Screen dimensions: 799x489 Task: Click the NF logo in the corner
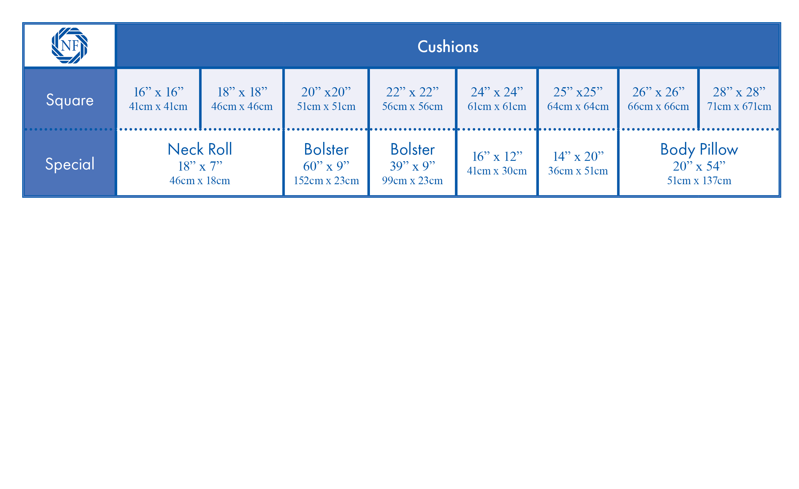[x=70, y=45]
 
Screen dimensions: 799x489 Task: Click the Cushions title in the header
[x=448, y=47]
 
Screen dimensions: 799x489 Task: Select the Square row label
[x=70, y=100]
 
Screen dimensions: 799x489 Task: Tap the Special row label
[x=70, y=164]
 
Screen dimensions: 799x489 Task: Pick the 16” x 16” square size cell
[x=158, y=98]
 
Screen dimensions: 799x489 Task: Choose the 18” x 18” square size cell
[x=242, y=98]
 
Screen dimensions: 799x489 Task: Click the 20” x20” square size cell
[x=326, y=98]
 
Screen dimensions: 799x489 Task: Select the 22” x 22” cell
[x=412, y=98]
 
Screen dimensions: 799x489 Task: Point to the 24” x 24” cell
[x=497, y=98]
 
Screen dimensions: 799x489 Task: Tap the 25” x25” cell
[x=578, y=98]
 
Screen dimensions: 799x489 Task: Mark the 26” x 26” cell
[x=658, y=98]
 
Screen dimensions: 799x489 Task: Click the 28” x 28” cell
[x=739, y=98]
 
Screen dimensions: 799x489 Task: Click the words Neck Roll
[x=200, y=149]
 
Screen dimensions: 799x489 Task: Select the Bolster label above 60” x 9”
[x=326, y=149]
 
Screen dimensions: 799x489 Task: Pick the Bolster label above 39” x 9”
[x=412, y=149]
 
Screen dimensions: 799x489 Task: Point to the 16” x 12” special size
[x=497, y=156]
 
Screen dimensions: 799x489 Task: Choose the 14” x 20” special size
[x=578, y=156]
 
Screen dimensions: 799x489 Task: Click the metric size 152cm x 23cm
[x=326, y=181]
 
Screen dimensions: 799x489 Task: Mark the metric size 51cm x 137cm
[x=699, y=181]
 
